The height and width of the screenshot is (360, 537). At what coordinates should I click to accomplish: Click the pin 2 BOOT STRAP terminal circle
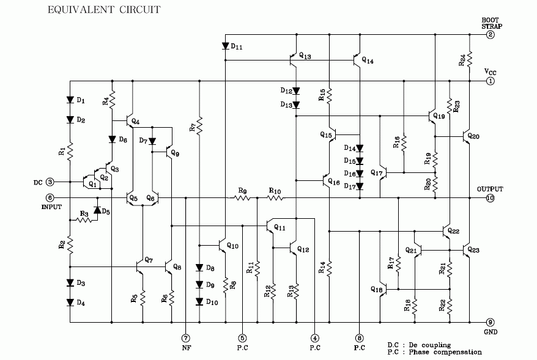(490, 35)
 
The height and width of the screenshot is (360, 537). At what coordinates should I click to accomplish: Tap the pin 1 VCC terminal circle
(490, 81)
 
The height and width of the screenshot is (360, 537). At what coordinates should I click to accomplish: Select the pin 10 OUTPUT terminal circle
(490, 198)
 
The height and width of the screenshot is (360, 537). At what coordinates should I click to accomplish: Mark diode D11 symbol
(226, 46)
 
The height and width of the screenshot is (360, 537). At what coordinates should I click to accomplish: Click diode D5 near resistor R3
(97, 211)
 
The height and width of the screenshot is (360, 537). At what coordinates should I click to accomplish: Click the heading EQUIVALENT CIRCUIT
(103, 10)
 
